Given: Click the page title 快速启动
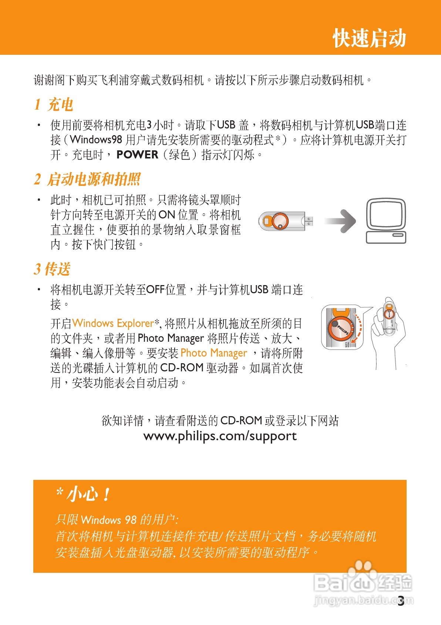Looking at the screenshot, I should click(x=369, y=38).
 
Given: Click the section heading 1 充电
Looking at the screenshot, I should click(x=54, y=105).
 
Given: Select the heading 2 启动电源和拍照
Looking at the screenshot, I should click(x=87, y=180).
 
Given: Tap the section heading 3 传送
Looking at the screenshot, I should click(x=52, y=269).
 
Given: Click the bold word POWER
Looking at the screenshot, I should click(x=137, y=155).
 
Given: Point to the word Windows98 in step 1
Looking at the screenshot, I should click(x=96, y=140).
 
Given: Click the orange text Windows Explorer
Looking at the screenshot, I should click(x=113, y=323).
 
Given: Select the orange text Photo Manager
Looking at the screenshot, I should click(x=213, y=353).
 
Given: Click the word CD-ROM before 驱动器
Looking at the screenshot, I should click(x=182, y=368).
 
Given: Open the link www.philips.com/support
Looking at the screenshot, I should click(x=220, y=436).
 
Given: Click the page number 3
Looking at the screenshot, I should click(x=401, y=601).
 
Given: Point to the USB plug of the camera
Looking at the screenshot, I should click(x=309, y=221).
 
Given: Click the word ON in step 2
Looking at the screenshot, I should click(x=166, y=215).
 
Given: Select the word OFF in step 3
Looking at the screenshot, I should click(x=155, y=290).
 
